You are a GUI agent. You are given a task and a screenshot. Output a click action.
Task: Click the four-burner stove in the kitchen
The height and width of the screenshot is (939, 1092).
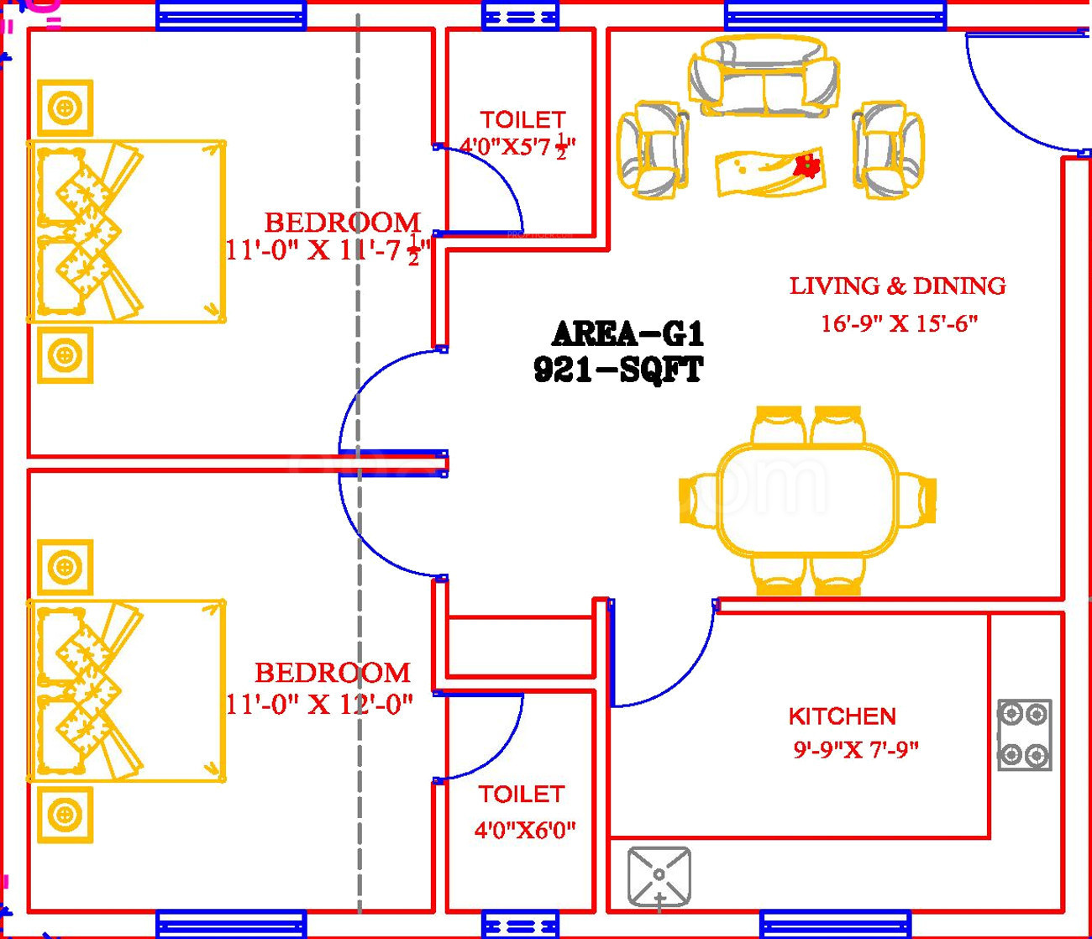pyautogui.click(x=1025, y=735)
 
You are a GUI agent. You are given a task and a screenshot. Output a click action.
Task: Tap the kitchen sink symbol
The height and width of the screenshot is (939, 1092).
pyautogui.click(x=659, y=877)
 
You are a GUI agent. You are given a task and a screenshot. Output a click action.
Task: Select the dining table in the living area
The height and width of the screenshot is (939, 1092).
pyautogui.click(x=807, y=501)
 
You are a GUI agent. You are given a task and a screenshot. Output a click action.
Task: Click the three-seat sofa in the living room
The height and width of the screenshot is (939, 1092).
pyautogui.click(x=764, y=76)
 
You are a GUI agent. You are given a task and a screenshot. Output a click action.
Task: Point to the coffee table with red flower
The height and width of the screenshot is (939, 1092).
pyautogui.click(x=769, y=172)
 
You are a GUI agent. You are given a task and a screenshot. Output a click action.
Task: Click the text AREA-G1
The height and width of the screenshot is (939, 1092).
pyautogui.click(x=627, y=334)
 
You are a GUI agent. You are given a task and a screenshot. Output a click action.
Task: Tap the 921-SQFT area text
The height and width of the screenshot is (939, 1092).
pyautogui.click(x=618, y=370)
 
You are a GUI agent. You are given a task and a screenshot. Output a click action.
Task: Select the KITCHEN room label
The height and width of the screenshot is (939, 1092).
pyautogui.click(x=842, y=716)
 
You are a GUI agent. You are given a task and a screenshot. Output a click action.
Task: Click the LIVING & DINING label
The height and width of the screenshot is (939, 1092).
pyautogui.click(x=897, y=286)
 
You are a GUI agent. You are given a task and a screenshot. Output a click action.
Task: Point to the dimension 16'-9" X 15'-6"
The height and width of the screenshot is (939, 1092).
pyautogui.click(x=899, y=323)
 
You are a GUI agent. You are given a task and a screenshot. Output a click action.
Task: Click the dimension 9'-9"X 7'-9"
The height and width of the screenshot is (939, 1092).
pyautogui.click(x=856, y=749)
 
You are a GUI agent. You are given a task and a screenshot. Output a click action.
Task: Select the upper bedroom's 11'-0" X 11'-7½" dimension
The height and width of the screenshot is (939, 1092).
pyautogui.click(x=326, y=251)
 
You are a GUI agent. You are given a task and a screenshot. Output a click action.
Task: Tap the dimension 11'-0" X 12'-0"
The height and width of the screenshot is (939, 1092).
pyautogui.click(x=319, y=704)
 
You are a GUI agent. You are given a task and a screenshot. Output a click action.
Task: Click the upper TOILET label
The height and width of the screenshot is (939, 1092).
pyautogui.click(x=522, y=120)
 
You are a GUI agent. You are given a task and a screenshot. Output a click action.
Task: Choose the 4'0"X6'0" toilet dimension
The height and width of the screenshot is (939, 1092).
pyautogui.click(x=525, y=831)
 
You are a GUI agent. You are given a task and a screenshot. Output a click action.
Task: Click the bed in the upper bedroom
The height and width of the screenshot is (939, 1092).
pyautogui.click(x=126, y=231)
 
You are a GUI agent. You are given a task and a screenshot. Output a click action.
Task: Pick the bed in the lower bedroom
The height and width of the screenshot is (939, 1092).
pyautogui.click(x=126, y=690)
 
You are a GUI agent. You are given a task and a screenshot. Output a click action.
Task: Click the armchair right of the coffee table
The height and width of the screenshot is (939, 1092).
pyautogui.click(x=888, y=150)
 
